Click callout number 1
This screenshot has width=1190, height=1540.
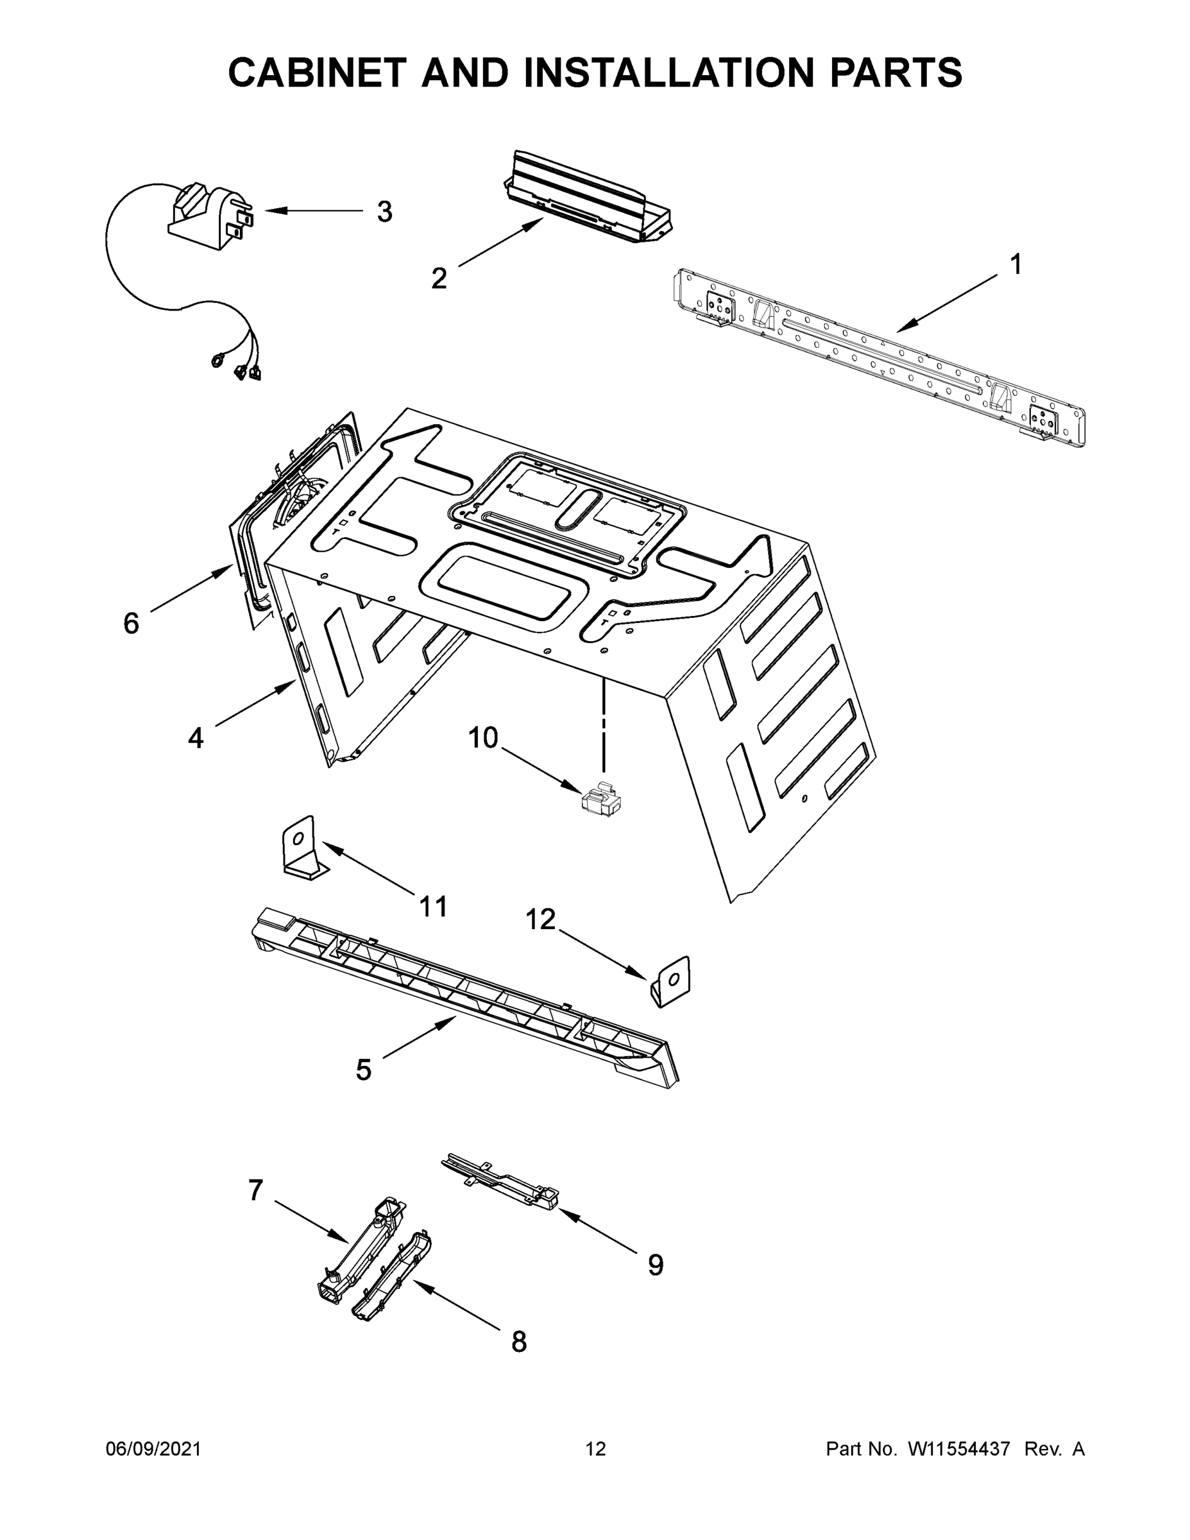[1015, 265]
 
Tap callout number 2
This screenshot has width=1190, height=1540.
[439, 279]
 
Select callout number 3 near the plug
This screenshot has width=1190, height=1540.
[384, 212]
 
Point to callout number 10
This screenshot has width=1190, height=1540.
[483, 739]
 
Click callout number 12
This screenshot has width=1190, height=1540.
[541, 920]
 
